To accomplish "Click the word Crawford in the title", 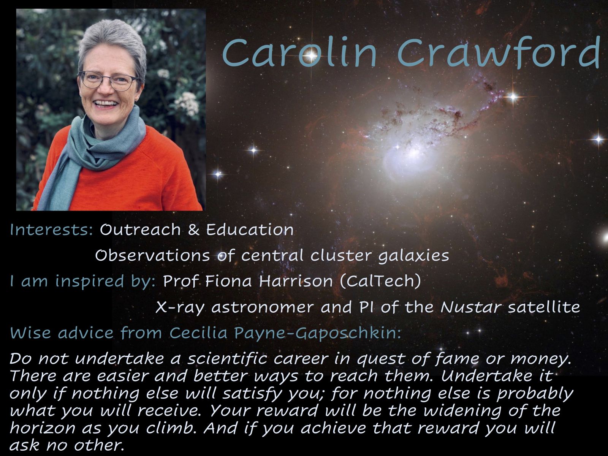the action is point(499,52).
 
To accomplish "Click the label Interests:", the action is point(52,230).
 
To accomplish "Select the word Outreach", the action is point(140,230).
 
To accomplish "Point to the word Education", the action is point(250,230).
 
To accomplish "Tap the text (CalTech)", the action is point(380,282).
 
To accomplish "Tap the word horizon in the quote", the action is point(43,428).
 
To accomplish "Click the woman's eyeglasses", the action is point(109,81).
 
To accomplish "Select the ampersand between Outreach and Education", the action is point(193,230).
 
